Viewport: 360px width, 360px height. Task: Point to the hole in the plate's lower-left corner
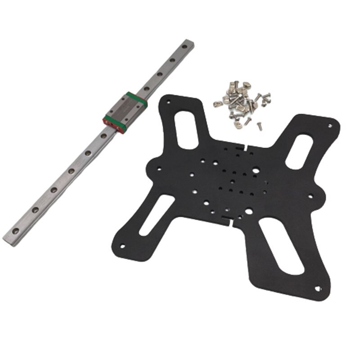[122, 246]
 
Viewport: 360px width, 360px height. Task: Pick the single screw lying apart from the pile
[260, 126]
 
